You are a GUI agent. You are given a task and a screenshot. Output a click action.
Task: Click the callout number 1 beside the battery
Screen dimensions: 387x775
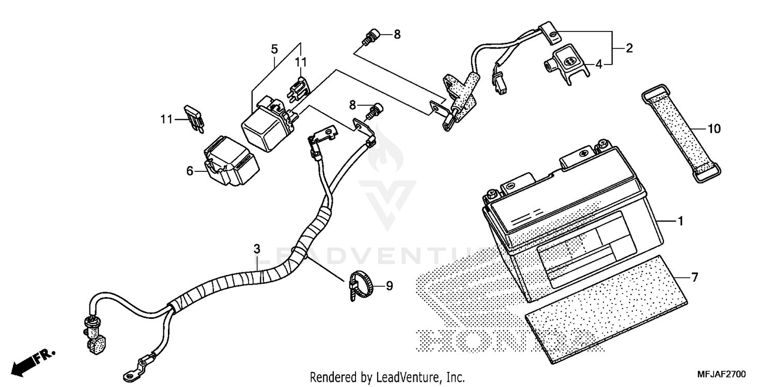(680, 221)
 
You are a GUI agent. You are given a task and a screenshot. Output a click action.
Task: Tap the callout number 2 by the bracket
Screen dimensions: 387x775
(629, 49)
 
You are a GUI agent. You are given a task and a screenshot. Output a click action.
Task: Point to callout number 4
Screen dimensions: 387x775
(599, 64)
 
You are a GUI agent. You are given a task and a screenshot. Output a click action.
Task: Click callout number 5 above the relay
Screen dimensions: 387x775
(274, 50)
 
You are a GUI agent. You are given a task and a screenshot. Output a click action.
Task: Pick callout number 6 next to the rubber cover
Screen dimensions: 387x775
(190, 171)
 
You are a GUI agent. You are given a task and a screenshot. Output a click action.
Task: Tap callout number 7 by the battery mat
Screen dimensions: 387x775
(694, 278)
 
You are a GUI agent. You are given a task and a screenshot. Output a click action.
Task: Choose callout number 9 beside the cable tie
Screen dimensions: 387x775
(389, 285)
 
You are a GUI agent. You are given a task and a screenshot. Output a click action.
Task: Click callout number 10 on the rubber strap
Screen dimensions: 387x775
(714, 129)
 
